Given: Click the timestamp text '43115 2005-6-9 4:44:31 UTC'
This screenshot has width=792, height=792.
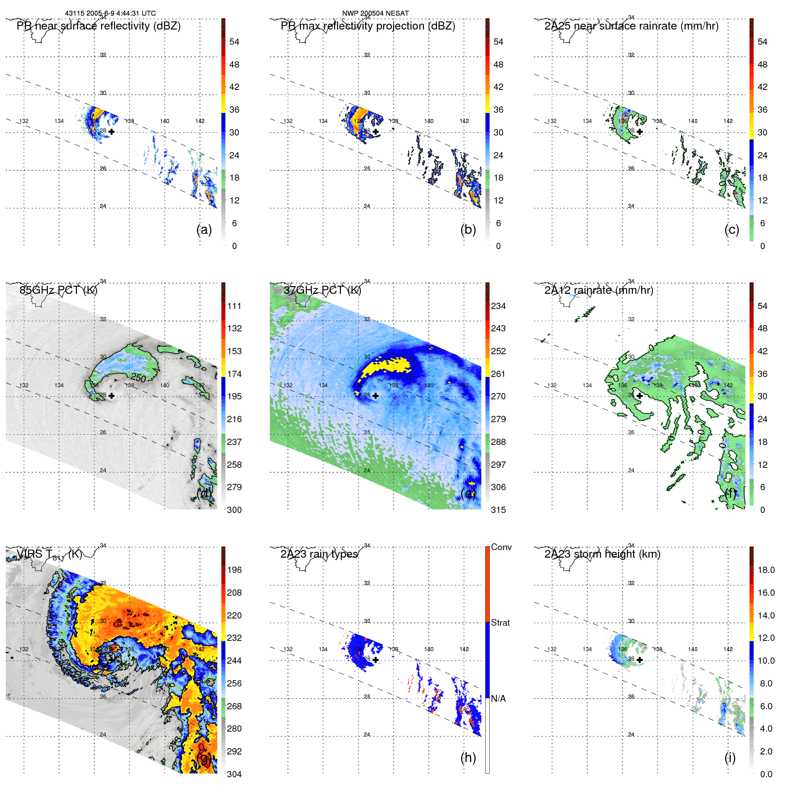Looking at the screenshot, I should point(110,13).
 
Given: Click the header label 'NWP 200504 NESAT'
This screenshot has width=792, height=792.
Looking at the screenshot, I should point(375,13).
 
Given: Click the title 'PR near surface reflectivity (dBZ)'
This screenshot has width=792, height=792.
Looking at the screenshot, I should point(98,26).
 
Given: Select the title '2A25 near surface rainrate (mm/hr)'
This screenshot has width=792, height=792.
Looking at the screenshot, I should point(631,26).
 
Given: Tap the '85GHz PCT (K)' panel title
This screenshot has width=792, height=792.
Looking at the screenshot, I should point(58,290).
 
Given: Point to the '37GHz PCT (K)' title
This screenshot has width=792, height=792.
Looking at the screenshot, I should point(322,290).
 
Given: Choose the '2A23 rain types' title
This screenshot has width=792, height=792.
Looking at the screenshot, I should point(319,554).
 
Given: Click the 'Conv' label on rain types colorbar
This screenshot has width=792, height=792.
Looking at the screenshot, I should point(501,547).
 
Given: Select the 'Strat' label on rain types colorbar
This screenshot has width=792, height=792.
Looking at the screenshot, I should point(500,623).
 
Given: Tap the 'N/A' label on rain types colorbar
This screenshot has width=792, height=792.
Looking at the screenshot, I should point(498,699).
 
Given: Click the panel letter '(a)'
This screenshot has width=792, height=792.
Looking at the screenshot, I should point(204,229).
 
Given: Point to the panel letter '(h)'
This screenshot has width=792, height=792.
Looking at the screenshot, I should point(468,758).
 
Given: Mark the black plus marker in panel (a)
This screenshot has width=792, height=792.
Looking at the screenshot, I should point(111,131).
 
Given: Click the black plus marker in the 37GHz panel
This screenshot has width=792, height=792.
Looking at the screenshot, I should point(376,396).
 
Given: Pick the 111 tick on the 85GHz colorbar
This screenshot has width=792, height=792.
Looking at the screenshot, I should point(234,306).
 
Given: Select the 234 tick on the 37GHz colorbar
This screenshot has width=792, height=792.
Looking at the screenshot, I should point(498,306).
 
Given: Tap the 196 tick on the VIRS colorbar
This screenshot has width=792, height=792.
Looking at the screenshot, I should point(234,570).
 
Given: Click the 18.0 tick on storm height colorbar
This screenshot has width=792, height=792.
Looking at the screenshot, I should point(766,570).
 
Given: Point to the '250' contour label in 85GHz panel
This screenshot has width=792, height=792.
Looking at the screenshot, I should point(138,378).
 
